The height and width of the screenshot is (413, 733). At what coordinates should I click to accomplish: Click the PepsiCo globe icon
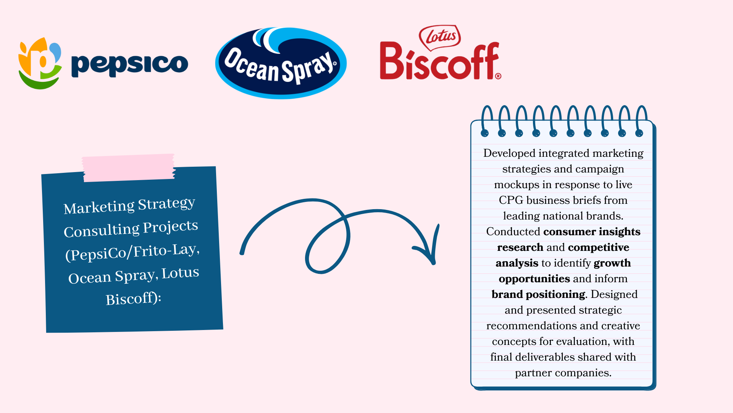coord(40,63)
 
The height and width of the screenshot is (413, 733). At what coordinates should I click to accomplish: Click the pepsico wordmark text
coord(129,64)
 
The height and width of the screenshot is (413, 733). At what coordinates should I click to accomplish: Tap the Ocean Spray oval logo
coord(281,63)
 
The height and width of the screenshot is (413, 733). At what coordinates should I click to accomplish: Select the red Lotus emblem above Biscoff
coord(440,37)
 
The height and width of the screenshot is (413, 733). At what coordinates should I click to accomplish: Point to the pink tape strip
coord(129,167)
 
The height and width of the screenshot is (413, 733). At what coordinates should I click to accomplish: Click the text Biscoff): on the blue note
coord(133,299)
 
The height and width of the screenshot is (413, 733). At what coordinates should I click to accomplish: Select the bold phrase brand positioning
coord(538,294)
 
